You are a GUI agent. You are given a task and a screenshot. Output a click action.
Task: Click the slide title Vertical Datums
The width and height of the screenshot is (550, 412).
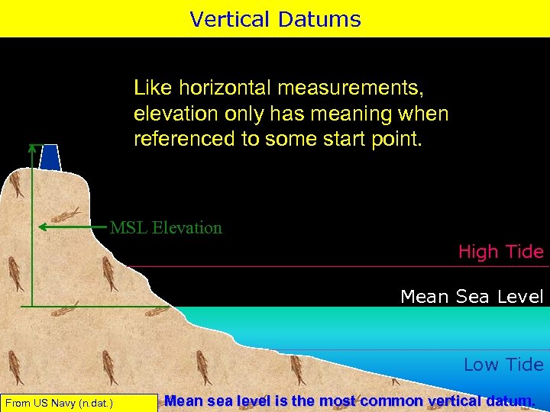(x=275, y=18)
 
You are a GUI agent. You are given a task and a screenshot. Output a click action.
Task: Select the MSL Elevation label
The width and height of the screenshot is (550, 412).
(x=166, y=227)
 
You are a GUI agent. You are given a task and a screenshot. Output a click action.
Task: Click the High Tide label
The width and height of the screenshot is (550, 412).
(x=500, y=251)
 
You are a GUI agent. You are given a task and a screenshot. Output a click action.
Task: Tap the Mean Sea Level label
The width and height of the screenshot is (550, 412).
(x=471, y=296)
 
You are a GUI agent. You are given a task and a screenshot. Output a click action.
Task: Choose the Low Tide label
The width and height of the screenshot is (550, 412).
(x=503, y=364)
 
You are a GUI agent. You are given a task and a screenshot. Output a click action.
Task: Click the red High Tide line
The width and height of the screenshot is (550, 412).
(x=336, y=266)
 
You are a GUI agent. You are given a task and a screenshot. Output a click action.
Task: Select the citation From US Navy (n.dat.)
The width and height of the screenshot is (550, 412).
(x=59, y=402)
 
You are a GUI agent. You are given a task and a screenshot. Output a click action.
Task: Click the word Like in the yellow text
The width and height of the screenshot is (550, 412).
(x=150, y=88)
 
